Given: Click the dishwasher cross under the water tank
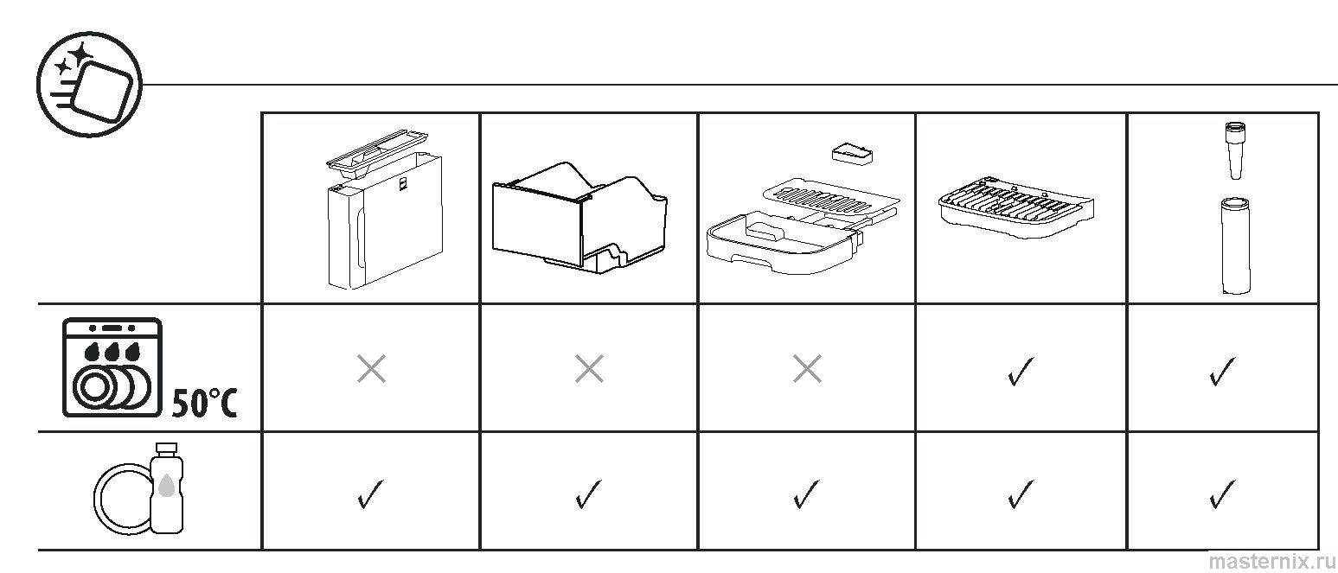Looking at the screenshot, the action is pos(371,368).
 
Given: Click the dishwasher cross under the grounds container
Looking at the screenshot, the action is pos(589,368).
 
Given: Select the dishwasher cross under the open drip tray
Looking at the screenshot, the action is pos(807,368).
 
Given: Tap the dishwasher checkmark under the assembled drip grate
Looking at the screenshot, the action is pos(1021,372).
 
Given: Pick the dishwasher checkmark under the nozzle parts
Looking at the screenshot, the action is pos(1222,372).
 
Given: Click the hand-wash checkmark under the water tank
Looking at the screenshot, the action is pos(370,494).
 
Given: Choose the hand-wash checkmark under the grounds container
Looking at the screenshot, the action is pos(588,494).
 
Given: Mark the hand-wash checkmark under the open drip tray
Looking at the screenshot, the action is pos(806,494).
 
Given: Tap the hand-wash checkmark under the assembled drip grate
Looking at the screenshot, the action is pos(1021,494).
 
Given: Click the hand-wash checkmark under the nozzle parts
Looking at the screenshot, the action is pos(1222,494).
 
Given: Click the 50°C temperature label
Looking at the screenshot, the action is pos(205,403).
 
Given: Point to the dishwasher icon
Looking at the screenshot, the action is pos(112,367).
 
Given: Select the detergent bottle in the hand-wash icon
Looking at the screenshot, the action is pos(166,487).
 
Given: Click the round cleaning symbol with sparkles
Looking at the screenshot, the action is pos(90,84).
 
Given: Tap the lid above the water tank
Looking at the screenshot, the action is pos(377,153).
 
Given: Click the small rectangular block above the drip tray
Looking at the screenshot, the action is pos(853,153).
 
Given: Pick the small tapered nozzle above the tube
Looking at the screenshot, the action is pos(1235,150).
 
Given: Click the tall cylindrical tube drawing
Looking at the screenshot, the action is pos(1236,245).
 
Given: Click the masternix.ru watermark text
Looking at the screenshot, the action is pos(1271,562).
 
